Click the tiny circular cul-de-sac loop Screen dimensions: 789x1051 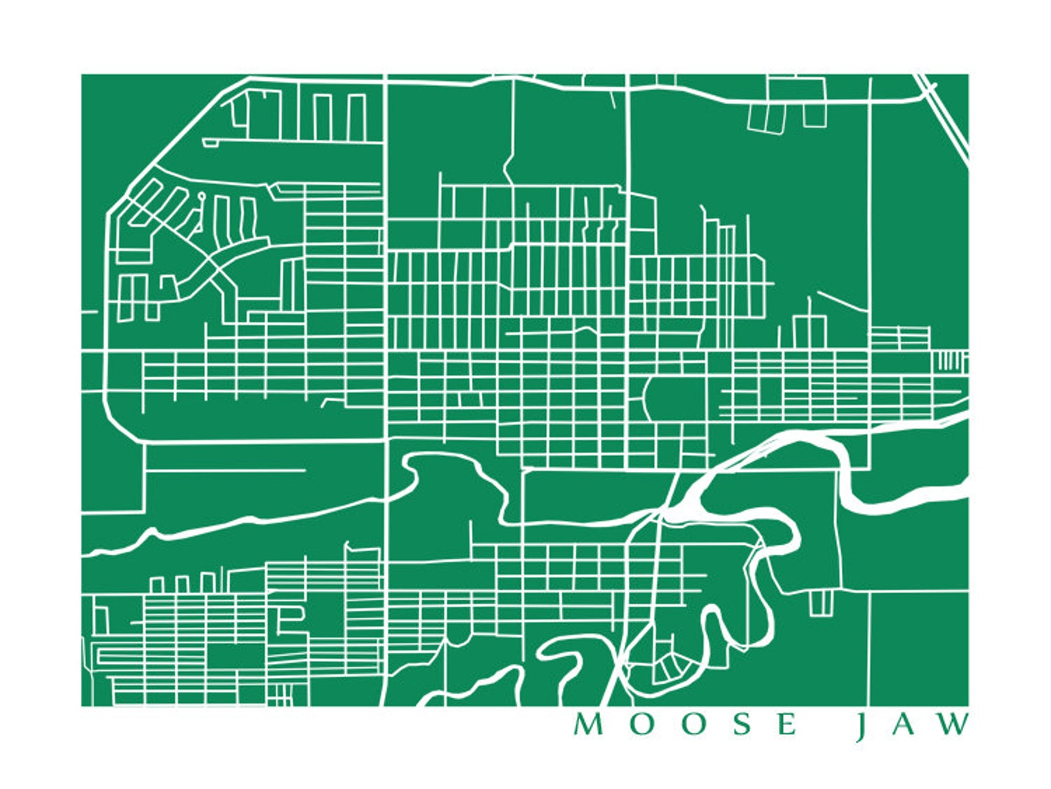coord(201,196)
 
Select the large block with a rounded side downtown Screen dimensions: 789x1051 coord(675,399)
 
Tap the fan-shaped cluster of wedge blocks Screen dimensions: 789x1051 coord(668,669)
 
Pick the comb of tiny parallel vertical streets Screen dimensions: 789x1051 coord(950,362)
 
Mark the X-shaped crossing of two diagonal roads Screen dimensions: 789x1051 coord(212,271)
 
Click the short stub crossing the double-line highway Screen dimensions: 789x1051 coord(933,85)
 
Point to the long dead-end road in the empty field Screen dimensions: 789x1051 coord(225,471)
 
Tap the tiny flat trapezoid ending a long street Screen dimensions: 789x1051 coord(210,142)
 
